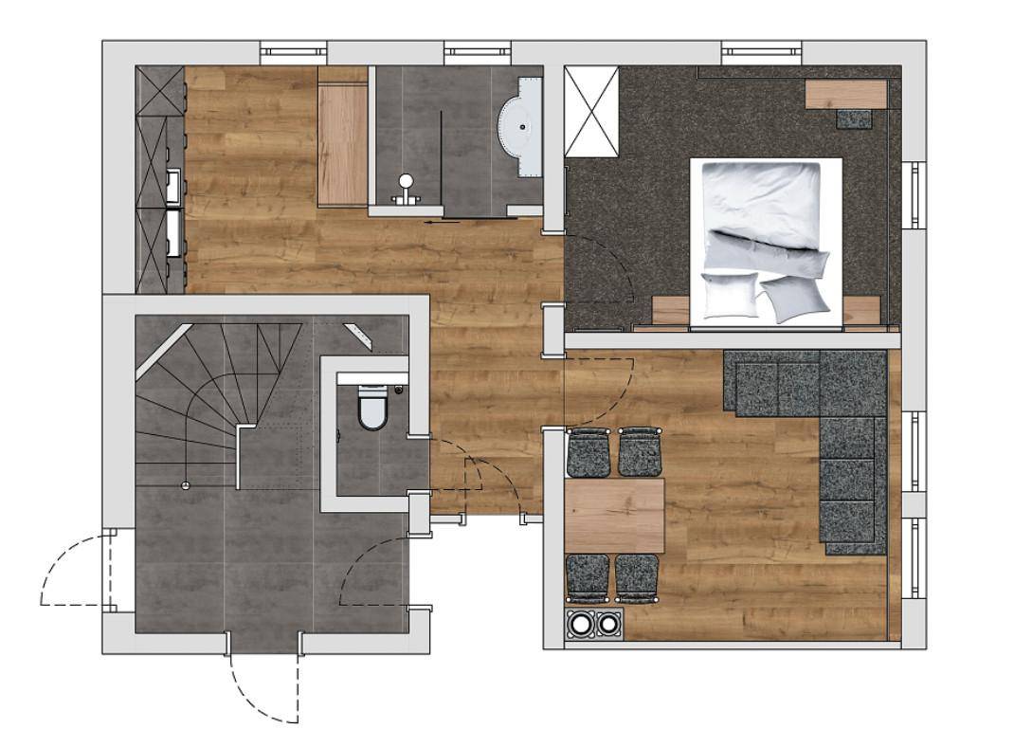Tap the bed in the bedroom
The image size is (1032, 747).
coord(767,243)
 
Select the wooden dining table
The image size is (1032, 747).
coord(614,516)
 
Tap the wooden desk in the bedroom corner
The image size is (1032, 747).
coord(845,94)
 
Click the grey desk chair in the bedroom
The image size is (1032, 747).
coord(856,118)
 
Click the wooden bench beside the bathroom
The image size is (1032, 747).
coord(342,142)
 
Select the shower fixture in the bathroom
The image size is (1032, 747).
coord(407,186)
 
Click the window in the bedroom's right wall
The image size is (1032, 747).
coord(914,194)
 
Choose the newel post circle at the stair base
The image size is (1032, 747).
coord(186,485)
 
